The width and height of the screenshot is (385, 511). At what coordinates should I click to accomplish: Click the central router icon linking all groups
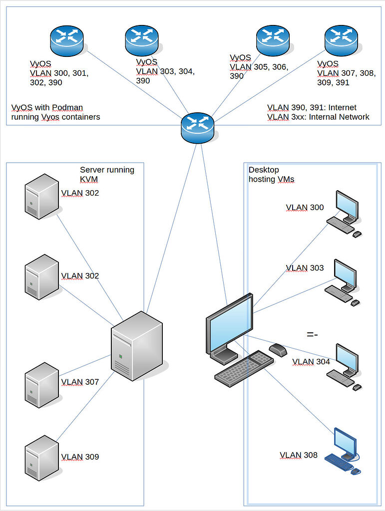tap(198, 128)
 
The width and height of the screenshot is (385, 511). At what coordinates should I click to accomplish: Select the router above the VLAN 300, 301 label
tap(66, 41)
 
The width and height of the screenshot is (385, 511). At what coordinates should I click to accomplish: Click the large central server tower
tap(137, 345)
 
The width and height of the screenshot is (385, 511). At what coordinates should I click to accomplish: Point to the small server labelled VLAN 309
tap(42, 458)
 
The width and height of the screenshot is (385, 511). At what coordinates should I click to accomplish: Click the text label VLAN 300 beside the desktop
tap(305, 208)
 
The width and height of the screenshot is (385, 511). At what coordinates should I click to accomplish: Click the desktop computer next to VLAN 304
tap(343, 366)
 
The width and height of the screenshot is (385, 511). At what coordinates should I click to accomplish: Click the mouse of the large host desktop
tap(278, 350)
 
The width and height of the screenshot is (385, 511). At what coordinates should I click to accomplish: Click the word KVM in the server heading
tap(89, 179)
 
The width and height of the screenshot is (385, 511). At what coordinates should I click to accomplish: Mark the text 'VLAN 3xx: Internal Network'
tap(318, 117)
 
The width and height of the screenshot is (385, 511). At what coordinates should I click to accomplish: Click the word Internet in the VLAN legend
tap(342, 107)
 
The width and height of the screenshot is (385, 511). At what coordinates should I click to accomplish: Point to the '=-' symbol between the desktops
tap(312, 334)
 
